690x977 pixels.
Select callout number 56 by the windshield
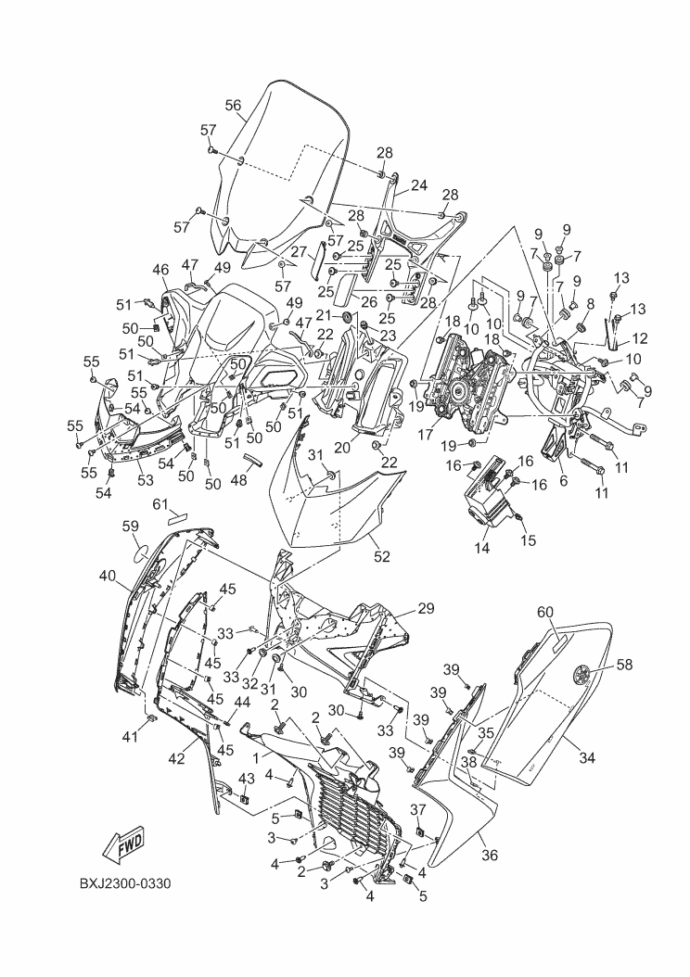(x=233, y=106)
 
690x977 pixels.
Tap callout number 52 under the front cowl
(x=381, y=556)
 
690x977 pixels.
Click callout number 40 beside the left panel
(x=107, y=576)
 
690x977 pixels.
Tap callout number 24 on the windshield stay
(x=419, y=185)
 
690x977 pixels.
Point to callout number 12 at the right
(x=640, y=339)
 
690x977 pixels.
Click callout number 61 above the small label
(x=160, y=502)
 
